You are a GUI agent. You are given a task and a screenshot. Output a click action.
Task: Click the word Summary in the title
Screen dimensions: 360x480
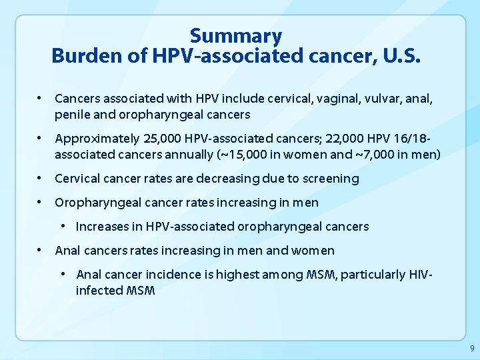pyautogui.click(x=235, y=35)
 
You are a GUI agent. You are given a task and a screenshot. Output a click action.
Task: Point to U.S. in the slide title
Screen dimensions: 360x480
pyautogui.click(x=401, y=56)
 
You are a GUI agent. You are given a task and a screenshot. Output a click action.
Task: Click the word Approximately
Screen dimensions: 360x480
pyautogui.click(x=97, y=139)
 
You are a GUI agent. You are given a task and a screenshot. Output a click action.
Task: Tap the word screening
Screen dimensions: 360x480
pyautogui.click(x=330, y=179)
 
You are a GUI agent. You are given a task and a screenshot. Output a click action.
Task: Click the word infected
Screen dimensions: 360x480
pyautogui.click(x=98, y=291)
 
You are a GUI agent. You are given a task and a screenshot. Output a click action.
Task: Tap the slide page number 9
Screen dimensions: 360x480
pyautogui.click(x=472, y=349)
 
